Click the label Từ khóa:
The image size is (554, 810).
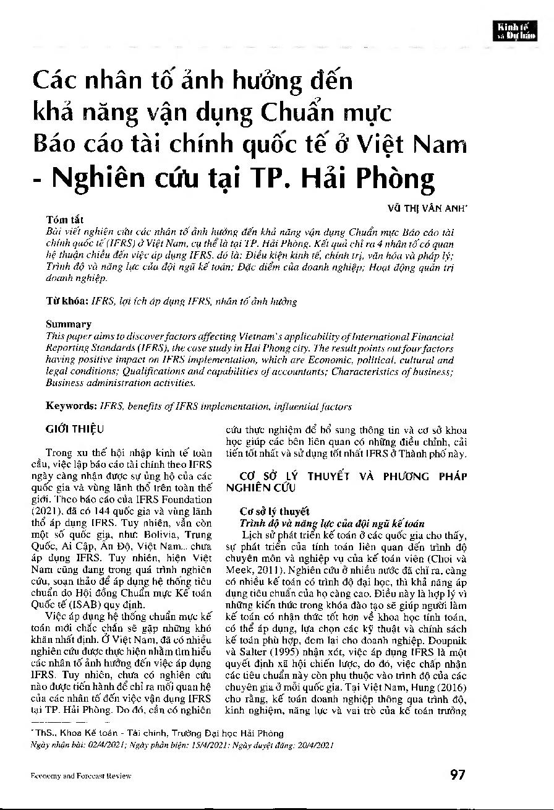click(67, 301)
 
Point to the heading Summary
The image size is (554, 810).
click(69, 324)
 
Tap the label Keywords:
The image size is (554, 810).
click(69, 406)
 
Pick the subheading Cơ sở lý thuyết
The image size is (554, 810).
click(270, 511)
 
